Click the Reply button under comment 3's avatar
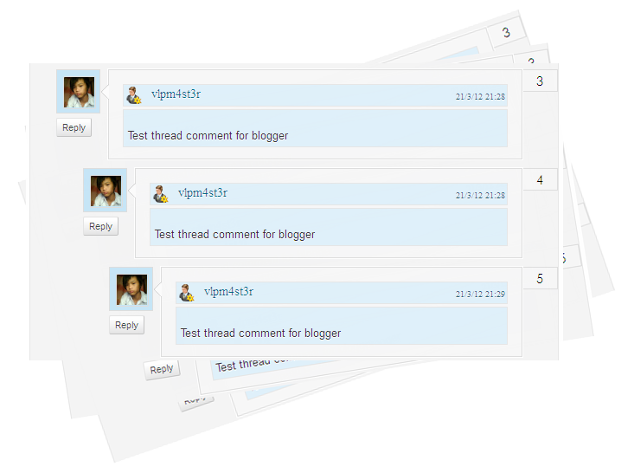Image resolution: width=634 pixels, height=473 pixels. pos(74,127)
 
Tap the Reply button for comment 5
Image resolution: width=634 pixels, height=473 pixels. pos(126,325)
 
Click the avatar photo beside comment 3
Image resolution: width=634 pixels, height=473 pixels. pos(78,92)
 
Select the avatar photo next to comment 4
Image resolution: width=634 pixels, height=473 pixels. pos(105,191)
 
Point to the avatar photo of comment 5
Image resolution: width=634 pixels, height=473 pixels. pos(131,289)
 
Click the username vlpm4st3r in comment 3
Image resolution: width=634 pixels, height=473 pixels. pos(176,94)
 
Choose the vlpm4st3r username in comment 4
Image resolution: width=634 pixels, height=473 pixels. pos(202,193)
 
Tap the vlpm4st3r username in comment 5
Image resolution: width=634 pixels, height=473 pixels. pos(228,292)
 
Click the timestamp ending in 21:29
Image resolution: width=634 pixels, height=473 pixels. pos(480,295)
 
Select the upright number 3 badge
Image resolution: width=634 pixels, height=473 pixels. pos(540,81)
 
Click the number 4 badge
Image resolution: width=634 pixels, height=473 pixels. pos(540,180)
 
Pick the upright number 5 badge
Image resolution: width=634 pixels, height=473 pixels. pos(540,279)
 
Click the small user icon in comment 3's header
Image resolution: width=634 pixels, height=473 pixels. pos(134,95)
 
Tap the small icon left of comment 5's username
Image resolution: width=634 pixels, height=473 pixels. pos(186,293)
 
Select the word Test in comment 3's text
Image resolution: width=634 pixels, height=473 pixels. pos(138,135)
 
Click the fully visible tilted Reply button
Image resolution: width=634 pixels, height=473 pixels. pos(161,369)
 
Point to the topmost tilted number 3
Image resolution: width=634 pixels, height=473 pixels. pos(506,33)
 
